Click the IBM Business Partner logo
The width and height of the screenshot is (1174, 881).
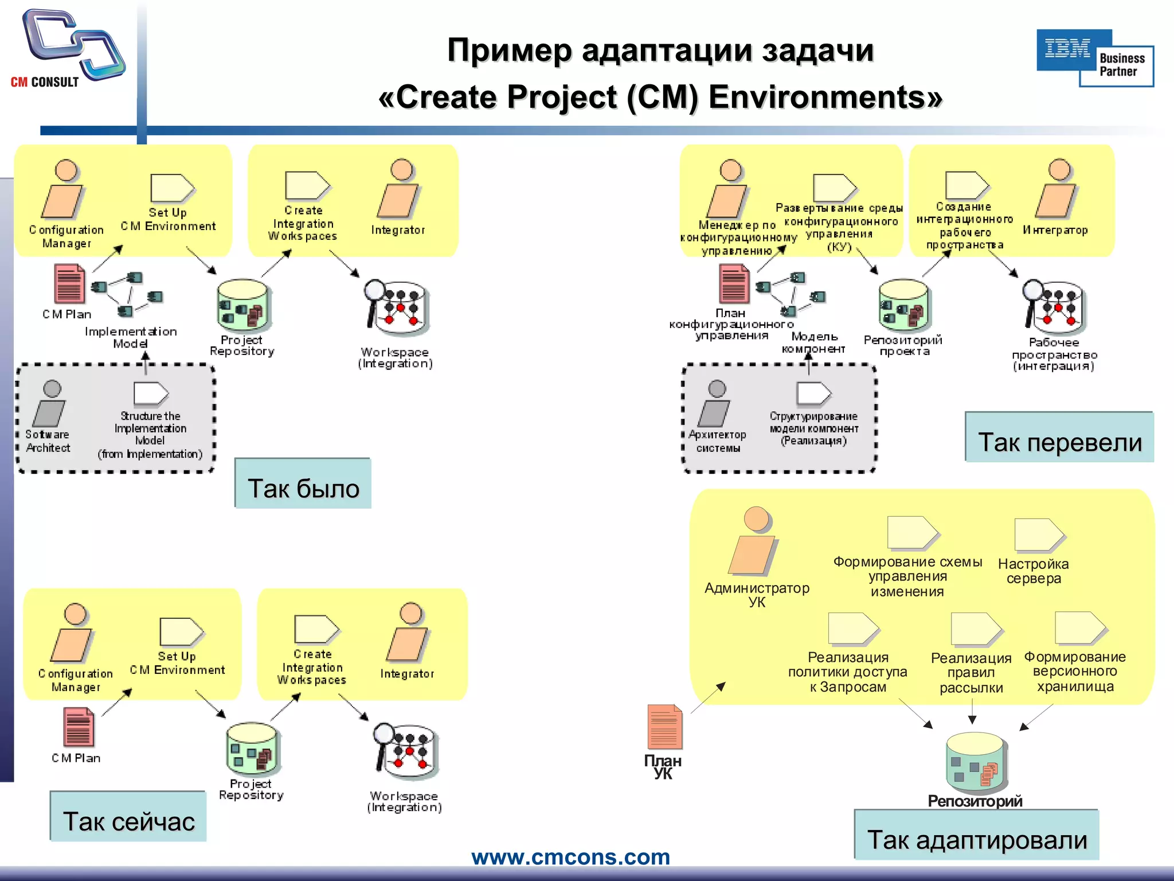(x=1094, y=58)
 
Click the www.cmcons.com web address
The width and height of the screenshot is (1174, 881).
(x=570, y=857)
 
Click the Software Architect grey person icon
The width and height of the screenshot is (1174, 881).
(x=50, y=402)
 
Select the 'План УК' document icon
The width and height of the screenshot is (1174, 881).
(x=664, y=726)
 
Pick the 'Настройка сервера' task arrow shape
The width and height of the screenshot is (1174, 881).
(x=1038, y=535)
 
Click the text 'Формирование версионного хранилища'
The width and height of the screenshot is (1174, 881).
(x=1075, y=672)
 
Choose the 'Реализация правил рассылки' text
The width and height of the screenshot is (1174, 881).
(x=971, y=673)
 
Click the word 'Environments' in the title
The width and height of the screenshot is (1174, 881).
(x=825, y=97)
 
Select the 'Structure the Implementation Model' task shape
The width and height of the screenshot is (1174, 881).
(x=151, y=393)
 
